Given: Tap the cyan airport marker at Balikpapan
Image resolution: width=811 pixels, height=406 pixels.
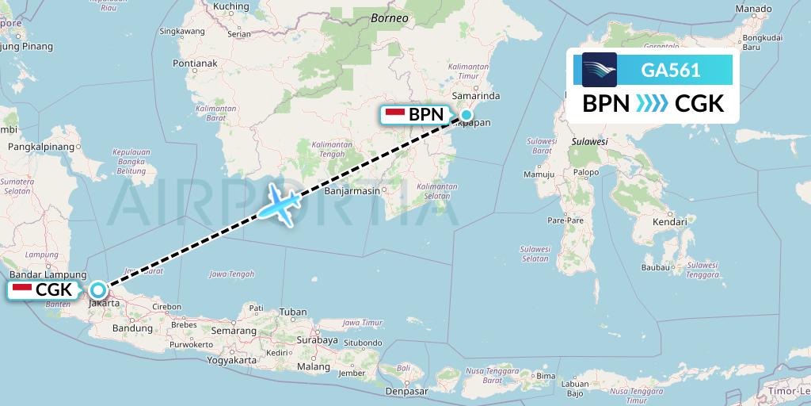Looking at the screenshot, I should [466, 115].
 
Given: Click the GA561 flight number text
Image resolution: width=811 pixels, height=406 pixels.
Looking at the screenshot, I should [670, 70].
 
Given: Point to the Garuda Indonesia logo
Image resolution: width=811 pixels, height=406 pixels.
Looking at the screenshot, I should [600, 70].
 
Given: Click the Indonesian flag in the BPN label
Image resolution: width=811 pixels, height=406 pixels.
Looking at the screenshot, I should [394, 114].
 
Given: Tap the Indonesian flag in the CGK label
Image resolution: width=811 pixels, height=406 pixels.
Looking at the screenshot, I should [21, 289].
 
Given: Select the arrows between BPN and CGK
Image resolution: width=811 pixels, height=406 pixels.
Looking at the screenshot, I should [653, 104].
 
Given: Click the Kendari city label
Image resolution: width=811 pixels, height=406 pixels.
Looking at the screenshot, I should [669, 222].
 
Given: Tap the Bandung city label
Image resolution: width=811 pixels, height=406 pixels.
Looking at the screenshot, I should [132, 327].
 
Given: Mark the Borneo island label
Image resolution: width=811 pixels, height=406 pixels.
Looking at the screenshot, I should [390, 17].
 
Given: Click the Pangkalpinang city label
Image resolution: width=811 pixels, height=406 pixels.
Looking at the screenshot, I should [41, 147].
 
